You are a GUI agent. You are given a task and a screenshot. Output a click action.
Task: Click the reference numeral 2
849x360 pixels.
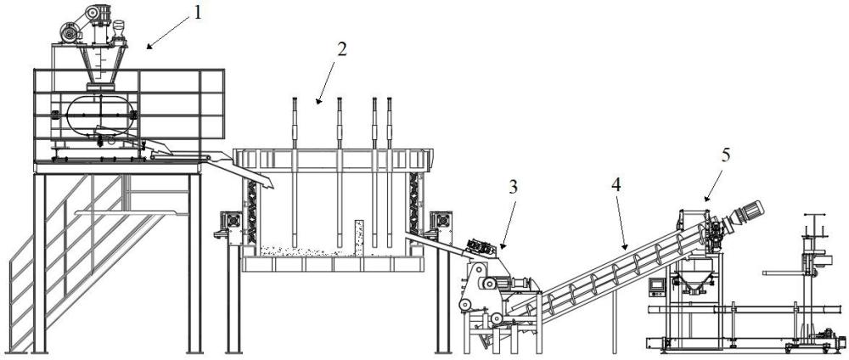pos(340,48)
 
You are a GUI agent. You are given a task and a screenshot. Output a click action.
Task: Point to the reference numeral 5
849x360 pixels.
pos(722,155)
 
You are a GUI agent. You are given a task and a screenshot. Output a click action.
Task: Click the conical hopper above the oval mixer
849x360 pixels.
pos(103,63)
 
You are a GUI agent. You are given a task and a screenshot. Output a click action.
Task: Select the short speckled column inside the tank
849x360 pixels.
pos(358,235)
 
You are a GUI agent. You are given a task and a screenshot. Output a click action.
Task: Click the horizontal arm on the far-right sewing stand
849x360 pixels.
pos(786,273)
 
